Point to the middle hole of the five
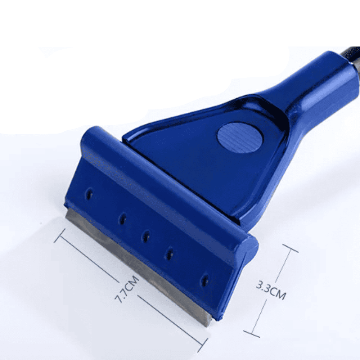pyautogui.click(x=145, y=236)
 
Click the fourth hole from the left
pyautogui.click(x=170, y=253)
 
